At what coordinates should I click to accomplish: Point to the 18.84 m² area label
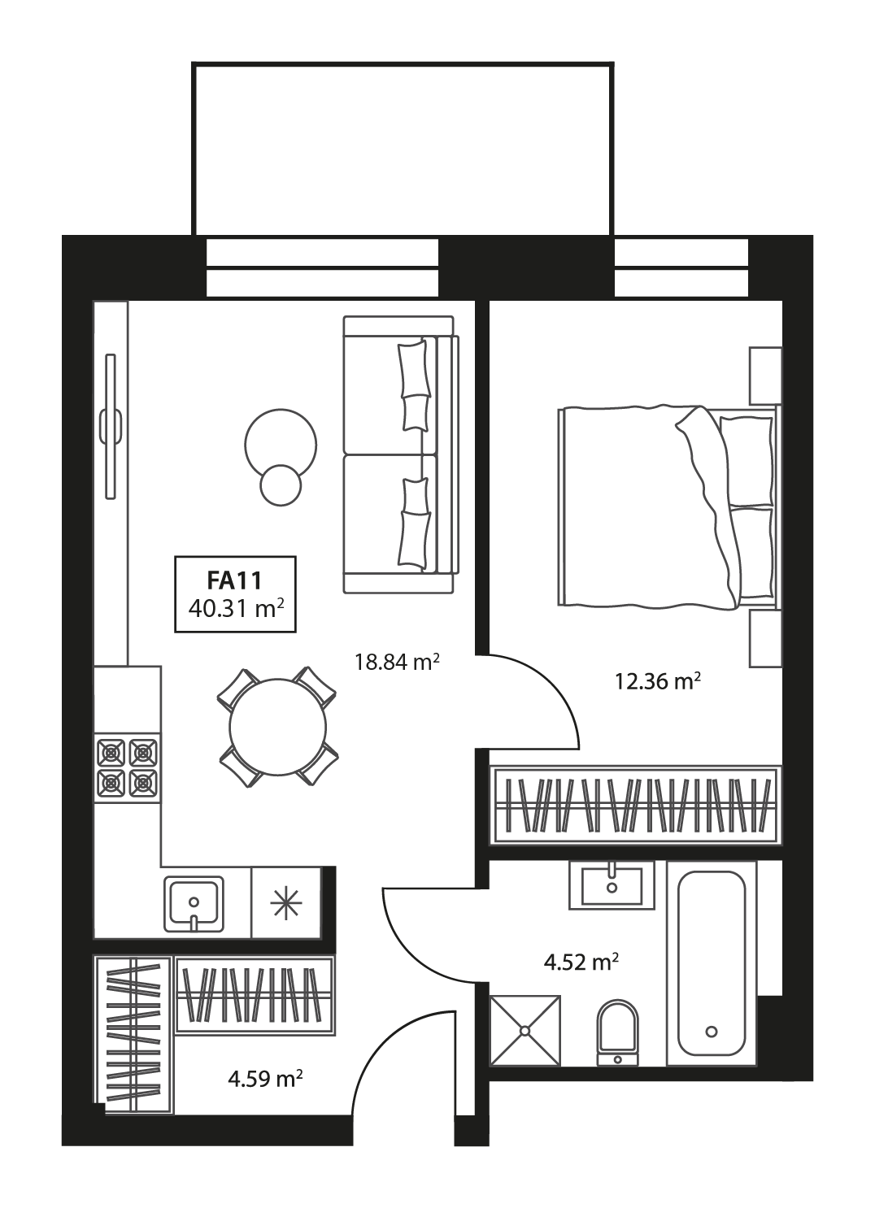(x=396, y=662)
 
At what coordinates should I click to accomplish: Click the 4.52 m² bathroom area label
(x=581, y=963)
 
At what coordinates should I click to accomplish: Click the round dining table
(x=277, y=726)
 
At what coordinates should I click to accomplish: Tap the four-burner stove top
(x=128, y=767)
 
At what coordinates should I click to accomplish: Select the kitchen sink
(x=194, y=903)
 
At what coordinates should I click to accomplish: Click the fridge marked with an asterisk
(x=286, y=902)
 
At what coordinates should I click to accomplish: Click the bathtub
(x=712, y=963)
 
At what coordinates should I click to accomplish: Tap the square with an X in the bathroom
(x=525, y=1030)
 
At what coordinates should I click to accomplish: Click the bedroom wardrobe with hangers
(x=635, y=805)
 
